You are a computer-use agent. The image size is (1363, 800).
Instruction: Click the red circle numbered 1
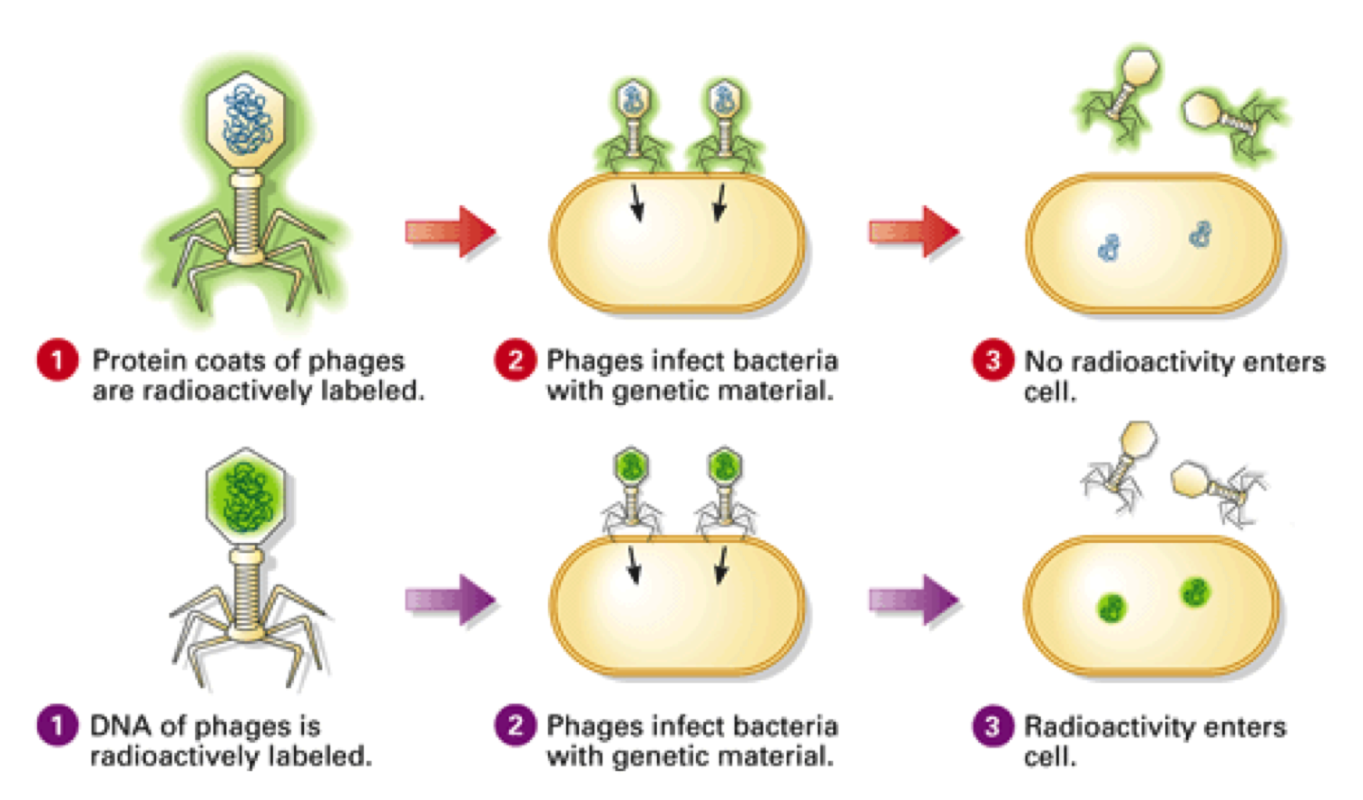click(57, 360)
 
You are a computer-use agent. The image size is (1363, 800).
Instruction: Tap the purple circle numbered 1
click(57, 726)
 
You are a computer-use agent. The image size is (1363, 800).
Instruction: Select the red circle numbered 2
click(515, 360)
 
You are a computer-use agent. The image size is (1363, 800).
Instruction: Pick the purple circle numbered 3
click(993, 726)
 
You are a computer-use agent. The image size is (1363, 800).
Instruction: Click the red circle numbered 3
click(993, 360)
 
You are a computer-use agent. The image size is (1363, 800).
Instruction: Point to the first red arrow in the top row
click(450, 232)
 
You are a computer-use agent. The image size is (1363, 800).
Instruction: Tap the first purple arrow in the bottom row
click(450, 599)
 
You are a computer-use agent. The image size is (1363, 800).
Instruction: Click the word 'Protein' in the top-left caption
click(133, 360)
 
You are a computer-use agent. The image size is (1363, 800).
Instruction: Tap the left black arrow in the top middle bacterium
click(636, 202)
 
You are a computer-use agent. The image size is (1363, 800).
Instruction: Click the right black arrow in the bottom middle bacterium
click(721, 565)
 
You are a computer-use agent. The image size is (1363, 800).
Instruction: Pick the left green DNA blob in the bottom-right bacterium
click(1111, 607)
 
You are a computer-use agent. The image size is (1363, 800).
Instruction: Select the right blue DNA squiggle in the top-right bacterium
click(1201, 234)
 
